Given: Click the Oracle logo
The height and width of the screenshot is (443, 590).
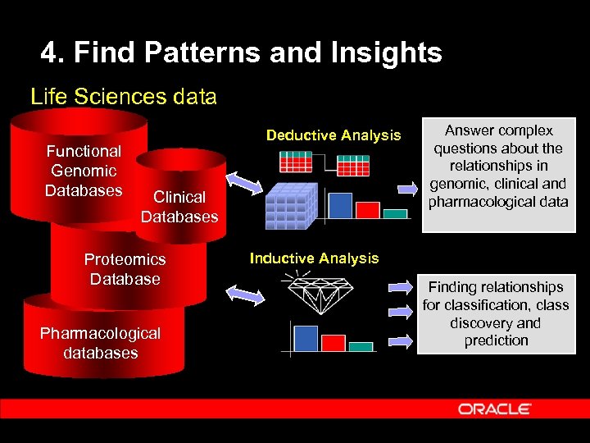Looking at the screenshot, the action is (495, 409).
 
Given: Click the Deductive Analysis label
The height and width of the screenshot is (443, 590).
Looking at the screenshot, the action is (334, 135).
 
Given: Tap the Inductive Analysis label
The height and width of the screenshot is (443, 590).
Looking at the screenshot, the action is (314, 258).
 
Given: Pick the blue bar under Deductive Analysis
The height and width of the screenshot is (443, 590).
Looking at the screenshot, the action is (338, 205).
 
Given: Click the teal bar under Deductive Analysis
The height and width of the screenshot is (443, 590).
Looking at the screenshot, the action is (395, 213).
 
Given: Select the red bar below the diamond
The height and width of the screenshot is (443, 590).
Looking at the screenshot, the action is (334, 342).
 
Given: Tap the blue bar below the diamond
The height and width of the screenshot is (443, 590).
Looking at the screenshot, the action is (306, 339).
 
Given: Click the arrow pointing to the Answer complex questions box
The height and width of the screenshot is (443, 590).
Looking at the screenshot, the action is (407, 188).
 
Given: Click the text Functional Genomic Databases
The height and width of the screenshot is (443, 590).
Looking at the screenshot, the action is (84, 171).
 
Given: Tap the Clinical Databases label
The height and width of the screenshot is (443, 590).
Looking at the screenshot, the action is (179, 207).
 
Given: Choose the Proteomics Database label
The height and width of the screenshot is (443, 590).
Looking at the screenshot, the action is (125, 269).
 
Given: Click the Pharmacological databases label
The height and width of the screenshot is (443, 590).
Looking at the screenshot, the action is (100, 343).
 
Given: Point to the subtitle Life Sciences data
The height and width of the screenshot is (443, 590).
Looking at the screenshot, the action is (124, 97).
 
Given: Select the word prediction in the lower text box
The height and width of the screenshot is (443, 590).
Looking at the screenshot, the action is (496, 340).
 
